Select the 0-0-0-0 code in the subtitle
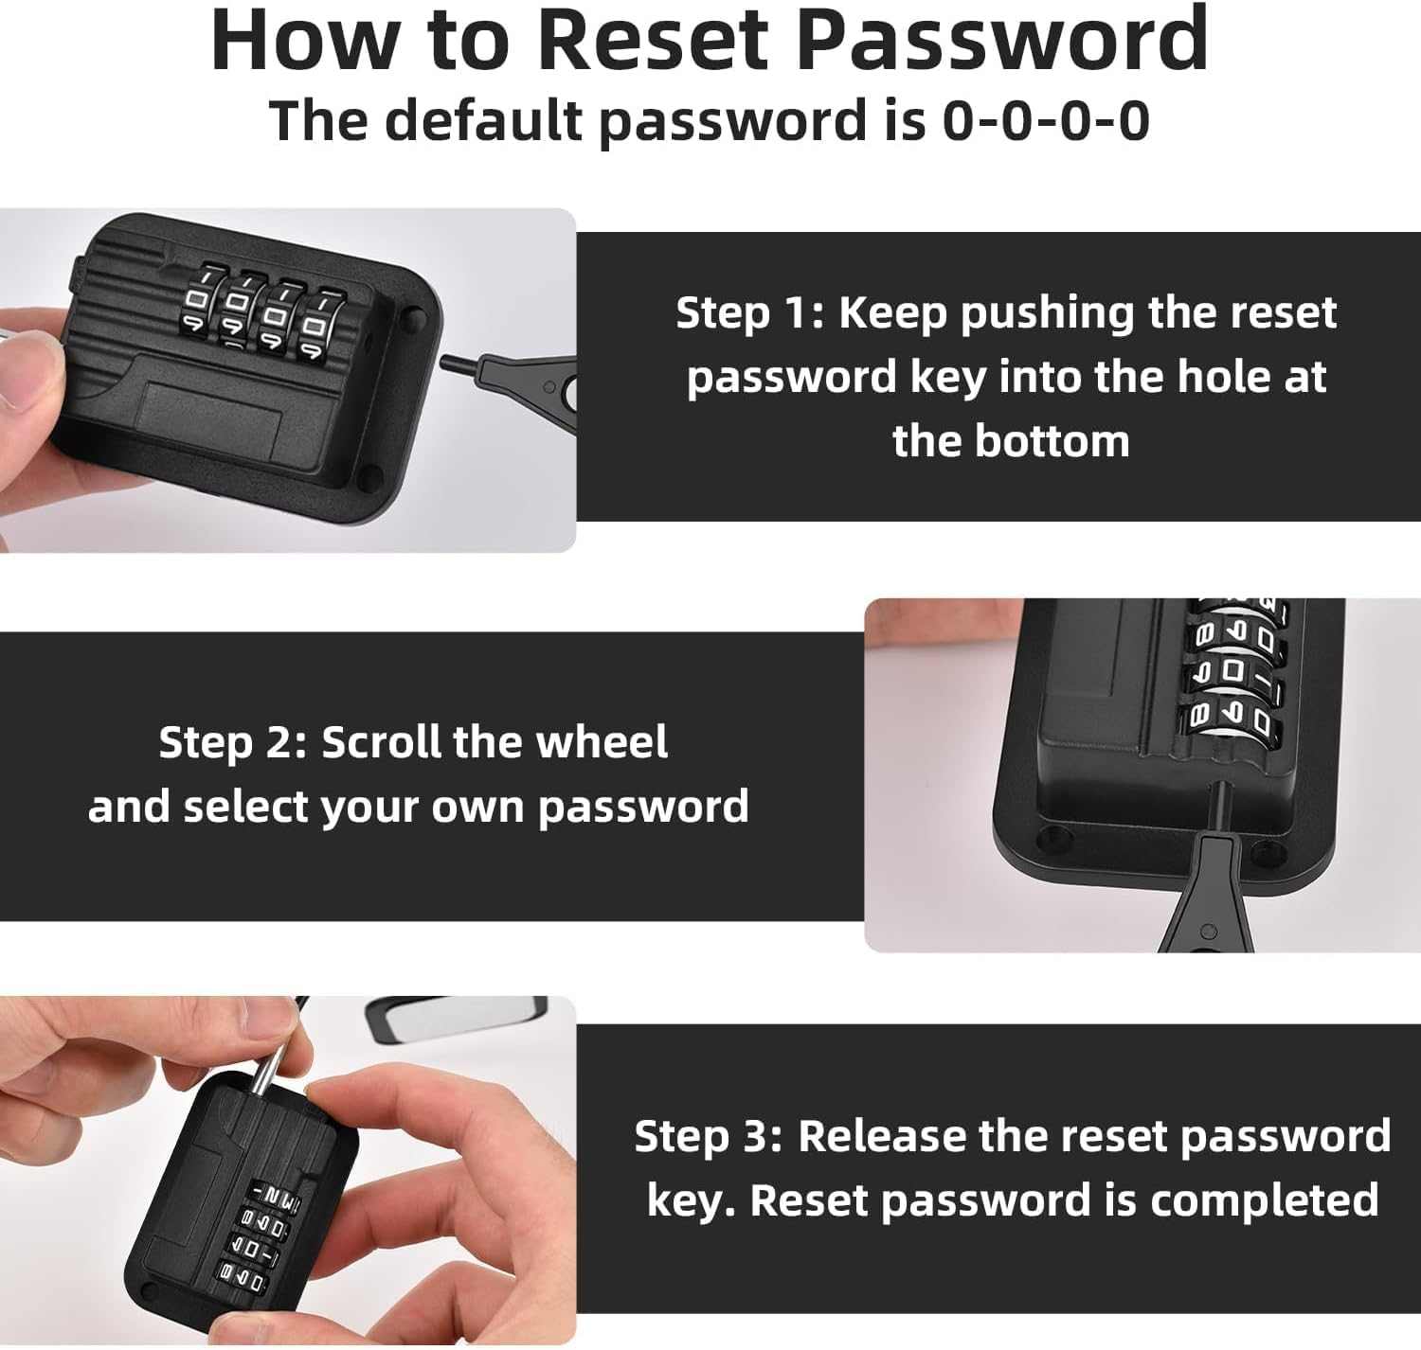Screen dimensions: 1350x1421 1046,121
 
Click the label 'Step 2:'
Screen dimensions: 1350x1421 232,742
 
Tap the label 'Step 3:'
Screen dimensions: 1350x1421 707,1136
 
